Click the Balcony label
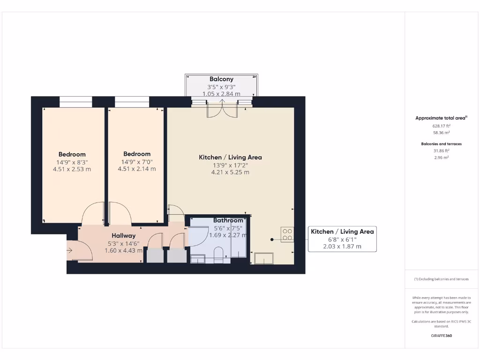(221, 79)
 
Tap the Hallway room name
(123, 235)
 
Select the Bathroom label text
(228, 220)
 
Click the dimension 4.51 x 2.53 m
(72, 169)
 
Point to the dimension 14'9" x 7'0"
(137, 162)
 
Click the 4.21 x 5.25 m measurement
(230, 172)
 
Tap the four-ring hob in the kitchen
(287, 234)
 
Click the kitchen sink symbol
(263, 258)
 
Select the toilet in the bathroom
(218, 256)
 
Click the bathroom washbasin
(197, 258)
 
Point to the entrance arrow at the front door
(70, 249)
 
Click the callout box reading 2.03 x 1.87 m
(342, 247)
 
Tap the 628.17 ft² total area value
(441, 126)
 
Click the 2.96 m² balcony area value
(441, 157)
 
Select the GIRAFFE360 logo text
(441, 336)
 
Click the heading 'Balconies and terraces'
(441, 144)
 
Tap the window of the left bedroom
(75, 102)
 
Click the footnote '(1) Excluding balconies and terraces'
(441, 279)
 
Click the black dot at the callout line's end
(272, 240)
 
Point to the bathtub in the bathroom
(238, 237)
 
